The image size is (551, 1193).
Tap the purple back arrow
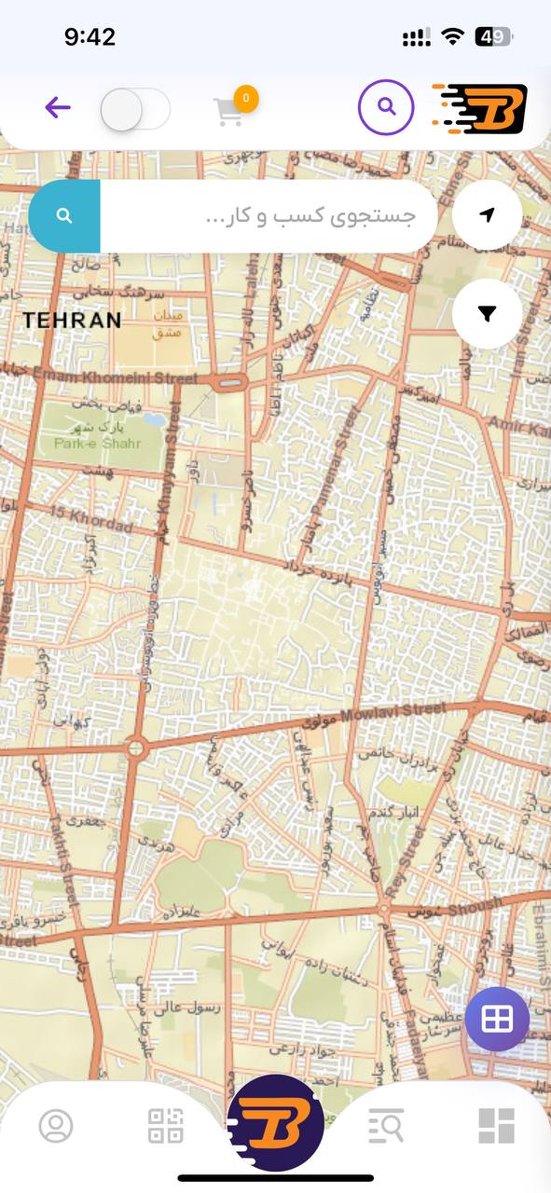tap(58, 108)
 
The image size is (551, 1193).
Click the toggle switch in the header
tap(134, 109)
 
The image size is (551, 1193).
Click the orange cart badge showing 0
tap(246, 97)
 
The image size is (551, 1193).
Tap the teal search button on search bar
tap(64, 216)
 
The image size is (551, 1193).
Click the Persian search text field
tap(269, 216)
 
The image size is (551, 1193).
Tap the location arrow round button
tap(487, 215)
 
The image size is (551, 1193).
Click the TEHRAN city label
tap(72, 321)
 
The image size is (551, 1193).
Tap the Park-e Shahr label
tap(97, 443)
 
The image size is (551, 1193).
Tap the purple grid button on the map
tap(497, 1019)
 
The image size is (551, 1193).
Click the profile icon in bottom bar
tap(56, 1126)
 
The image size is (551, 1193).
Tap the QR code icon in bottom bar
tap(166, 1126)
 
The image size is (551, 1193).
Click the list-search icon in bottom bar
tap(385, 1126)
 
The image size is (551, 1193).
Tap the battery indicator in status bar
tap(493, 37)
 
